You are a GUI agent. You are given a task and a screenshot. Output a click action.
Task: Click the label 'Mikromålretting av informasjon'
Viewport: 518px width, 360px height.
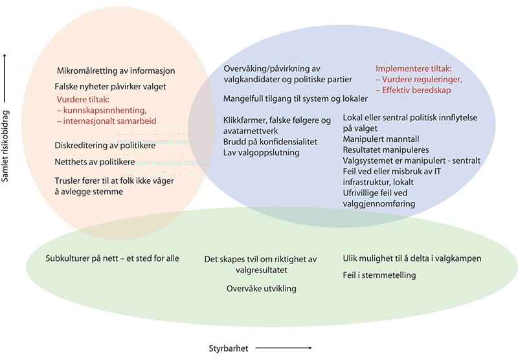point(115,71)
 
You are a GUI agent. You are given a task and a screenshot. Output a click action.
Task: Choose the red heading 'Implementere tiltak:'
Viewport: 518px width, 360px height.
point(414,68)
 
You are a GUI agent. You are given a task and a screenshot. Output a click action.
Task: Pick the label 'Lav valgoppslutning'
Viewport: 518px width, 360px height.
point(262,153)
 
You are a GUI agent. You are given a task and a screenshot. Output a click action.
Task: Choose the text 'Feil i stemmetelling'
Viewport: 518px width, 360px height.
point(379,275)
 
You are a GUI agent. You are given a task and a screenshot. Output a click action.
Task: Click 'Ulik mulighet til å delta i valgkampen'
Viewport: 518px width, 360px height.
point(412,258)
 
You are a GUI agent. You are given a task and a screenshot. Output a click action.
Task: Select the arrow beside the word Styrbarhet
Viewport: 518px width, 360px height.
point(285,348)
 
